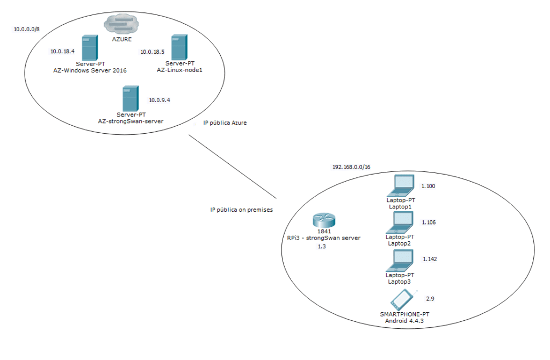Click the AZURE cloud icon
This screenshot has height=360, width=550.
pos(121,23)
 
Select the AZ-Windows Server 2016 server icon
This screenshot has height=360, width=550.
pos(90,48)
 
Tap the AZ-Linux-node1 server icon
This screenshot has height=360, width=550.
pos(179,48)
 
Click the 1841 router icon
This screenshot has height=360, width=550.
pos(323,220)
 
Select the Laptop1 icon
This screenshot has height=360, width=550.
pos(401,185)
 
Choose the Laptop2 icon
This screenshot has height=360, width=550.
pos(401,221)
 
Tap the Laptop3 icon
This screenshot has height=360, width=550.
pos(401,260)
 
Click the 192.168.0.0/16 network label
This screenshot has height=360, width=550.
pos(351,167)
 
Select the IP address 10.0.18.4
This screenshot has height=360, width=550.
pos(62,52)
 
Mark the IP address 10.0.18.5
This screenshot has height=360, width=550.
pos(152,52)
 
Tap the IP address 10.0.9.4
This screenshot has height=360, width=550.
pos(160,100)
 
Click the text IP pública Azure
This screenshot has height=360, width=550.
pos(225,124)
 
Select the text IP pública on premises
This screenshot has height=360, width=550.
pos(241,210)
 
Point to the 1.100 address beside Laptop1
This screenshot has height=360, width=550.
pos(429,186)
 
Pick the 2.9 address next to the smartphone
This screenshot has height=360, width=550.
pos(430,298)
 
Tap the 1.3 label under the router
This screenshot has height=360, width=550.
pos(322,246)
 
